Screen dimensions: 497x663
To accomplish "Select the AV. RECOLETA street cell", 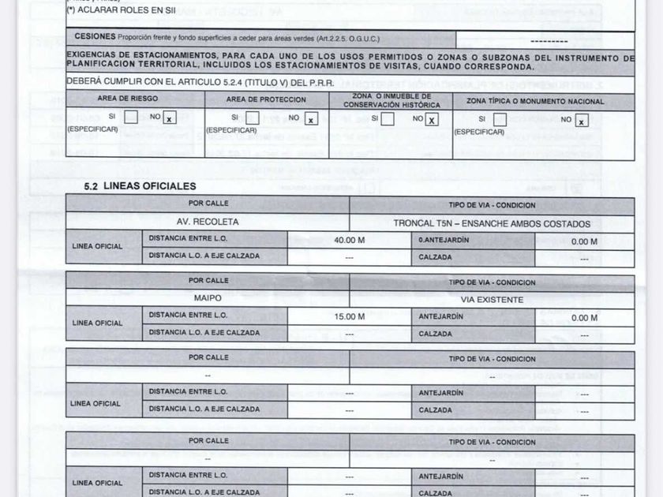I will tap(208, 222).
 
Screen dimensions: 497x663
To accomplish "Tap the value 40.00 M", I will tap(349, 241).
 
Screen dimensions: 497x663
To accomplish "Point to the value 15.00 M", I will tap(349, 317).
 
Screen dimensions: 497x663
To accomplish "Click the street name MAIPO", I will tap(208, 299).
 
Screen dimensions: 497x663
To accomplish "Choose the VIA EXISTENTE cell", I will tap(492, 300).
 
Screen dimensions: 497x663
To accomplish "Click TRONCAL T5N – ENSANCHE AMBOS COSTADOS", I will tap(492, 223).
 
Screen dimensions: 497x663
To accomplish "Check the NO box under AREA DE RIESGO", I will tap(170, 118).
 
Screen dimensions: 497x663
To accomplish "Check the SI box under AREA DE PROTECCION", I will tap(253, 118).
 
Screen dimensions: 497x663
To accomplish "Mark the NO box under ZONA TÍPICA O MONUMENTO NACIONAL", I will tap(582, 120).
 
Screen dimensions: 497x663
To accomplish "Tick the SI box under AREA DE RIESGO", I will tap(131, 118).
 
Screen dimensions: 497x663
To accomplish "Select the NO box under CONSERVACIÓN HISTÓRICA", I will tap(432, 119).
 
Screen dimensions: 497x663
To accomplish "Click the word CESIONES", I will tap(95, 37).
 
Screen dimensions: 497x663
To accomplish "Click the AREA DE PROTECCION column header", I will tap(266, 100).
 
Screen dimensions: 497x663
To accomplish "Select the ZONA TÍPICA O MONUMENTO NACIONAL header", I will tap(535, 101).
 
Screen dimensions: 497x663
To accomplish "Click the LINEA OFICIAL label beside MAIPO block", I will tap(97, 323).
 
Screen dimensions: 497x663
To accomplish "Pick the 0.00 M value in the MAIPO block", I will tap(584, 318).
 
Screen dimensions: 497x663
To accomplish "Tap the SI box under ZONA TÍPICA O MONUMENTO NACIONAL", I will tap(500, 120).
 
